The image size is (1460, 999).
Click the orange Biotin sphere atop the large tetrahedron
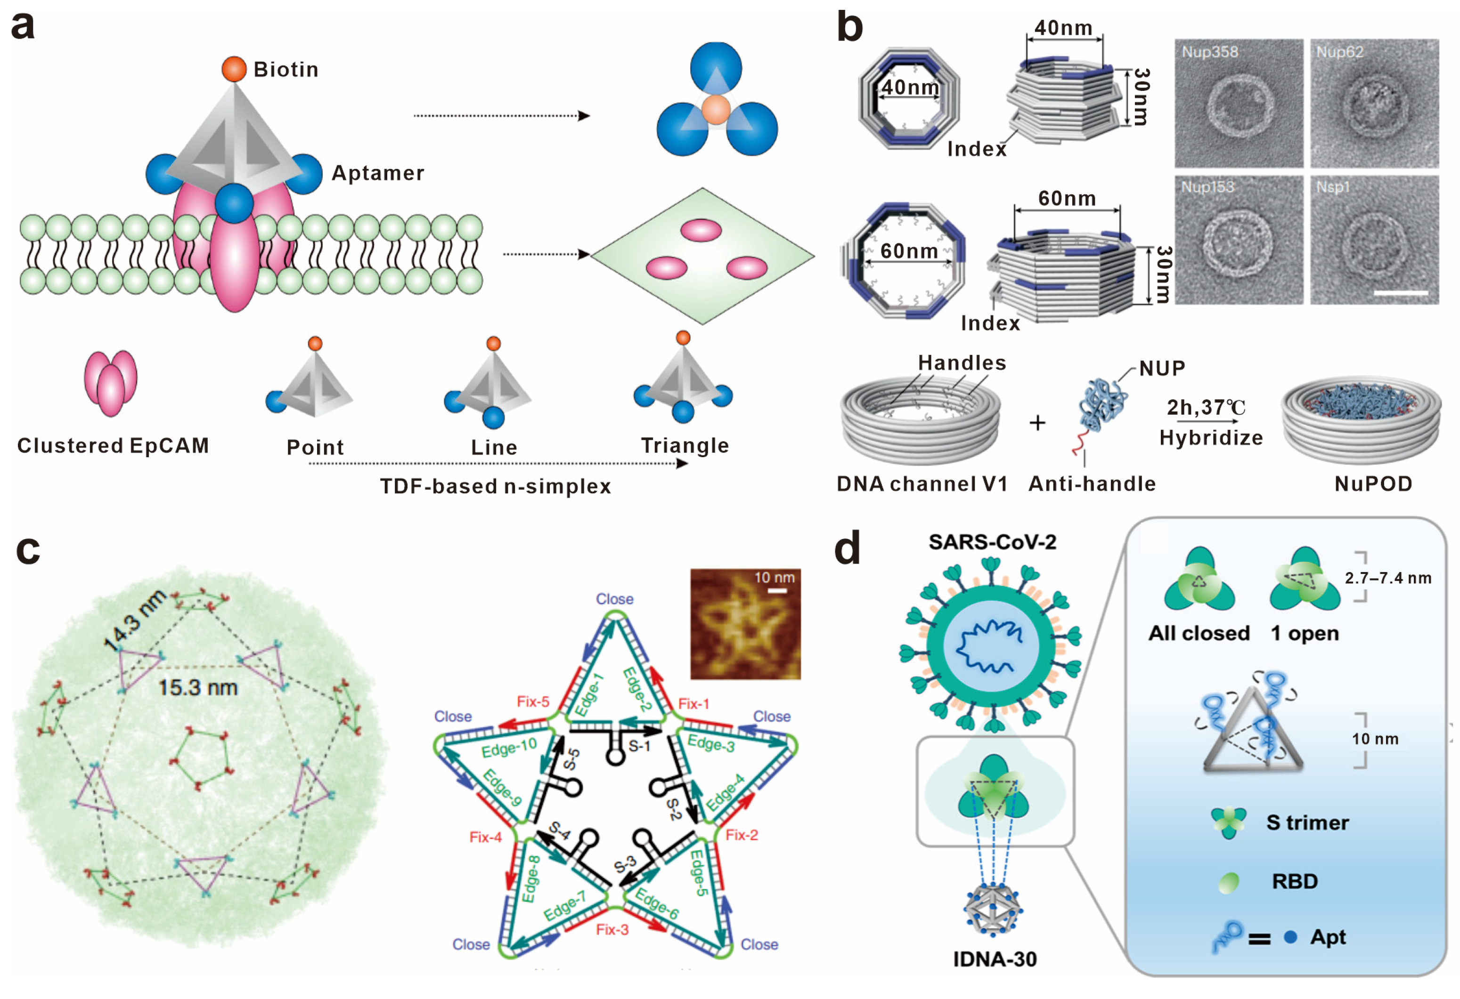tap(234, 69)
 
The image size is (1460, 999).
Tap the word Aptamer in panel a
tap(377, 173)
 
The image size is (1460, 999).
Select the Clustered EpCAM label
tap(113, 446)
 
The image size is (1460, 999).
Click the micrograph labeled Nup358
tap(1239, 104)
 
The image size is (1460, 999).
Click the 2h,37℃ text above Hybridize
tap(1206, 408)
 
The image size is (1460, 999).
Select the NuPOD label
tap(1374, 483)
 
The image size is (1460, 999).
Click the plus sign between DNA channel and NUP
tap(1037, 423)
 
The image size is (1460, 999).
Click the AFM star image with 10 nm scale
tap(745, 624)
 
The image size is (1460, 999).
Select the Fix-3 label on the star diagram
tap(612, 930)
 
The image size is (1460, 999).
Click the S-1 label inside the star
tap(639, 746)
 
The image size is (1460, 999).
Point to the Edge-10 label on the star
tap(509, 748)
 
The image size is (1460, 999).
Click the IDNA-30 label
tap(995, 959)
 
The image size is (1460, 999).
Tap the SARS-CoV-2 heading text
tap(993, 542)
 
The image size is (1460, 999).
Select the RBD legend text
tap(1294, 882)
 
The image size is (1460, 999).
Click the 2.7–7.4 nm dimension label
tap(1388, 578)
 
